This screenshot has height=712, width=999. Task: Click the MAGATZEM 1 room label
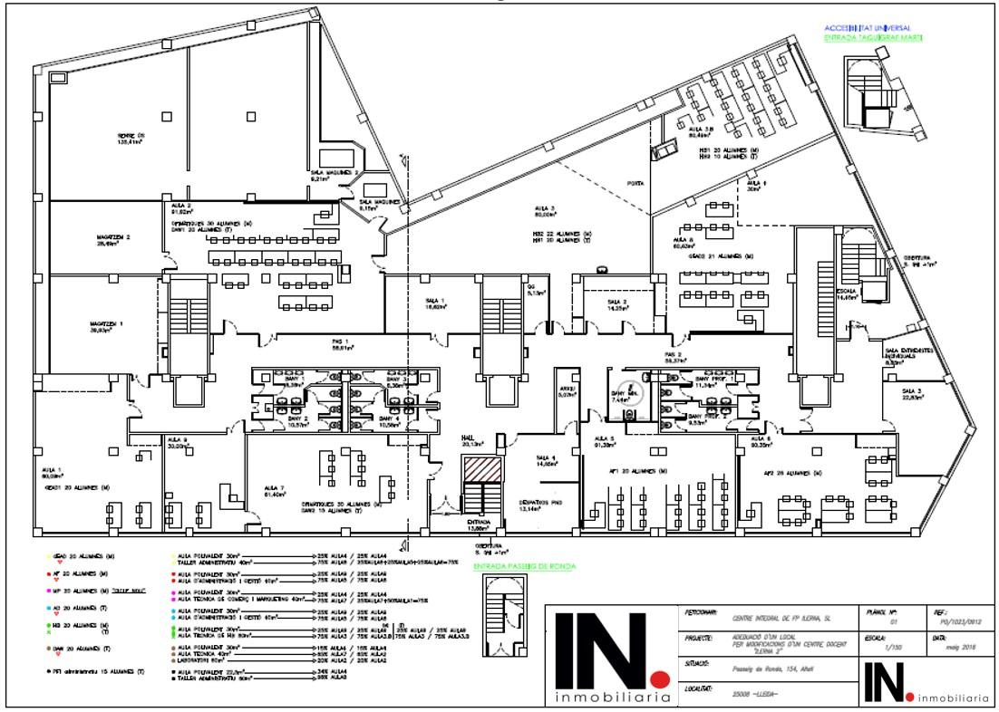click(107, 323)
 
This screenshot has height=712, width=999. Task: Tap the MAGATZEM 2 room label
click(115, 237)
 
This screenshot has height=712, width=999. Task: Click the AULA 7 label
click(275, 486)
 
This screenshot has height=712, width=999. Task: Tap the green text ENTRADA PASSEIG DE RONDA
click(525, 567)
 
